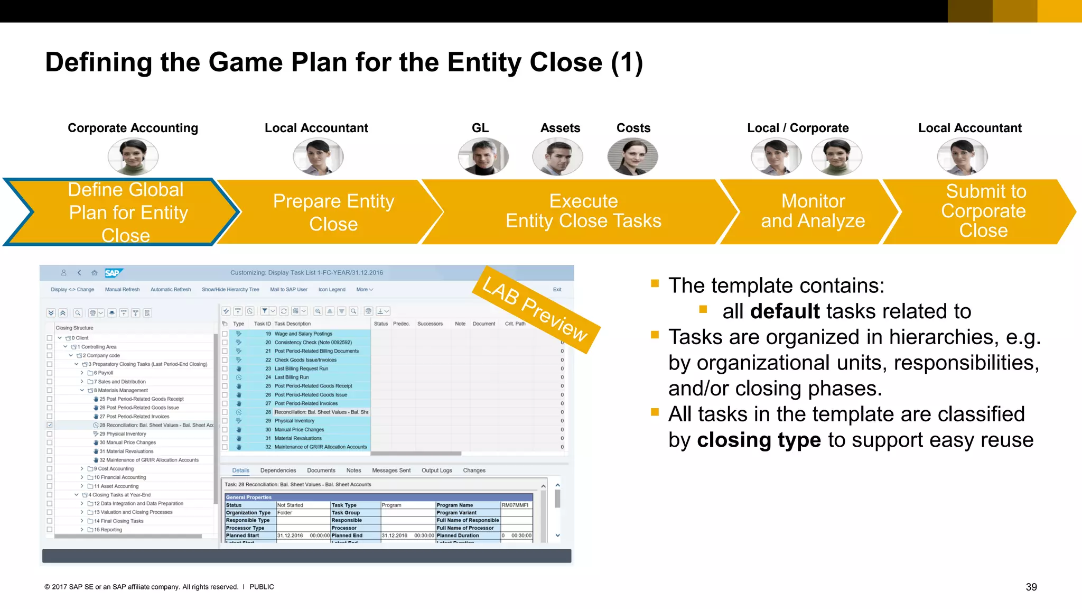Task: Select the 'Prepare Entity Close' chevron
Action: click(x=333, y=212)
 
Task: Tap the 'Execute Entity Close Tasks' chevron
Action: click(x=583, y=211)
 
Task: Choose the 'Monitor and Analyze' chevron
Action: click(x=813, y=211)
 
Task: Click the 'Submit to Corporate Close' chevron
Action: click(x=983, y=211)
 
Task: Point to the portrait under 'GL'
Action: click(x=483, y=157)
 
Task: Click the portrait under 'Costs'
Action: click(x=632, y=157)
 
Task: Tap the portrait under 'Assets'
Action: click(x=557, y=157)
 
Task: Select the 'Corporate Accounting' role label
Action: click(x=133, y=128)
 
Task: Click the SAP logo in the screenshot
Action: click(x=113, y=273)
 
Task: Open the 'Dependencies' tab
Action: click(x=278, y=470)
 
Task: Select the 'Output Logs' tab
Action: click(x=436, y=470)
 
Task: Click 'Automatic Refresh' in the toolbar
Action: click(x=171, y=290)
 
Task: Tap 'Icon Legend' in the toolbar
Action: click(x=332, y=290)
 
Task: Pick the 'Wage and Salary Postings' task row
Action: click(x=303, y=334)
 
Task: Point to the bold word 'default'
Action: click(x=785, y=311)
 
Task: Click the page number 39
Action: click(x=1031, y=587)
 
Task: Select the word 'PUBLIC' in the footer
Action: click(x=262, y=587)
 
